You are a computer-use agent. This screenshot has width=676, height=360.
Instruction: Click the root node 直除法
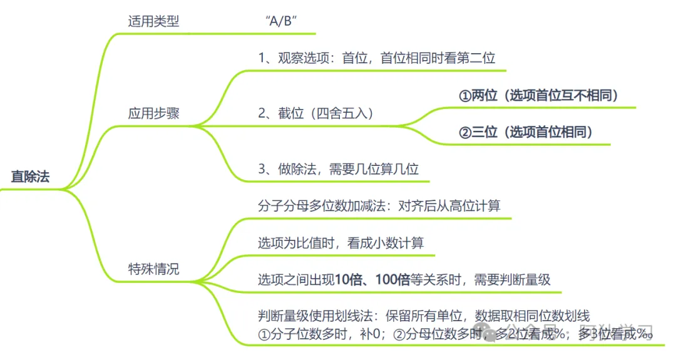(30, 177)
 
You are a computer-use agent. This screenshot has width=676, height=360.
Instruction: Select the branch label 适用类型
(153, 21)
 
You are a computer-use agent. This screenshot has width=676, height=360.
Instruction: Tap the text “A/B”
(280, 21)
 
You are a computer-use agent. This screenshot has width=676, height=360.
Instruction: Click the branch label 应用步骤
(153, 114)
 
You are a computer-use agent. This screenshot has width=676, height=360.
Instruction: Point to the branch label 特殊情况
(153, 269)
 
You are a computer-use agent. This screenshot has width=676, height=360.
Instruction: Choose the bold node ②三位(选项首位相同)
(525, 132)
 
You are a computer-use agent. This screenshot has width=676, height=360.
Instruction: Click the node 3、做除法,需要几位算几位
(338, 168)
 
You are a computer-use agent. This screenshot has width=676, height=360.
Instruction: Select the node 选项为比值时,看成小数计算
(341, 243)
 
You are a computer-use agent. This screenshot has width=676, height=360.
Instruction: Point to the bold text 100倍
(392, 280)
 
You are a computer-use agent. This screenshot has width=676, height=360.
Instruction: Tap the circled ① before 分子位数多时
(264, 334)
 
